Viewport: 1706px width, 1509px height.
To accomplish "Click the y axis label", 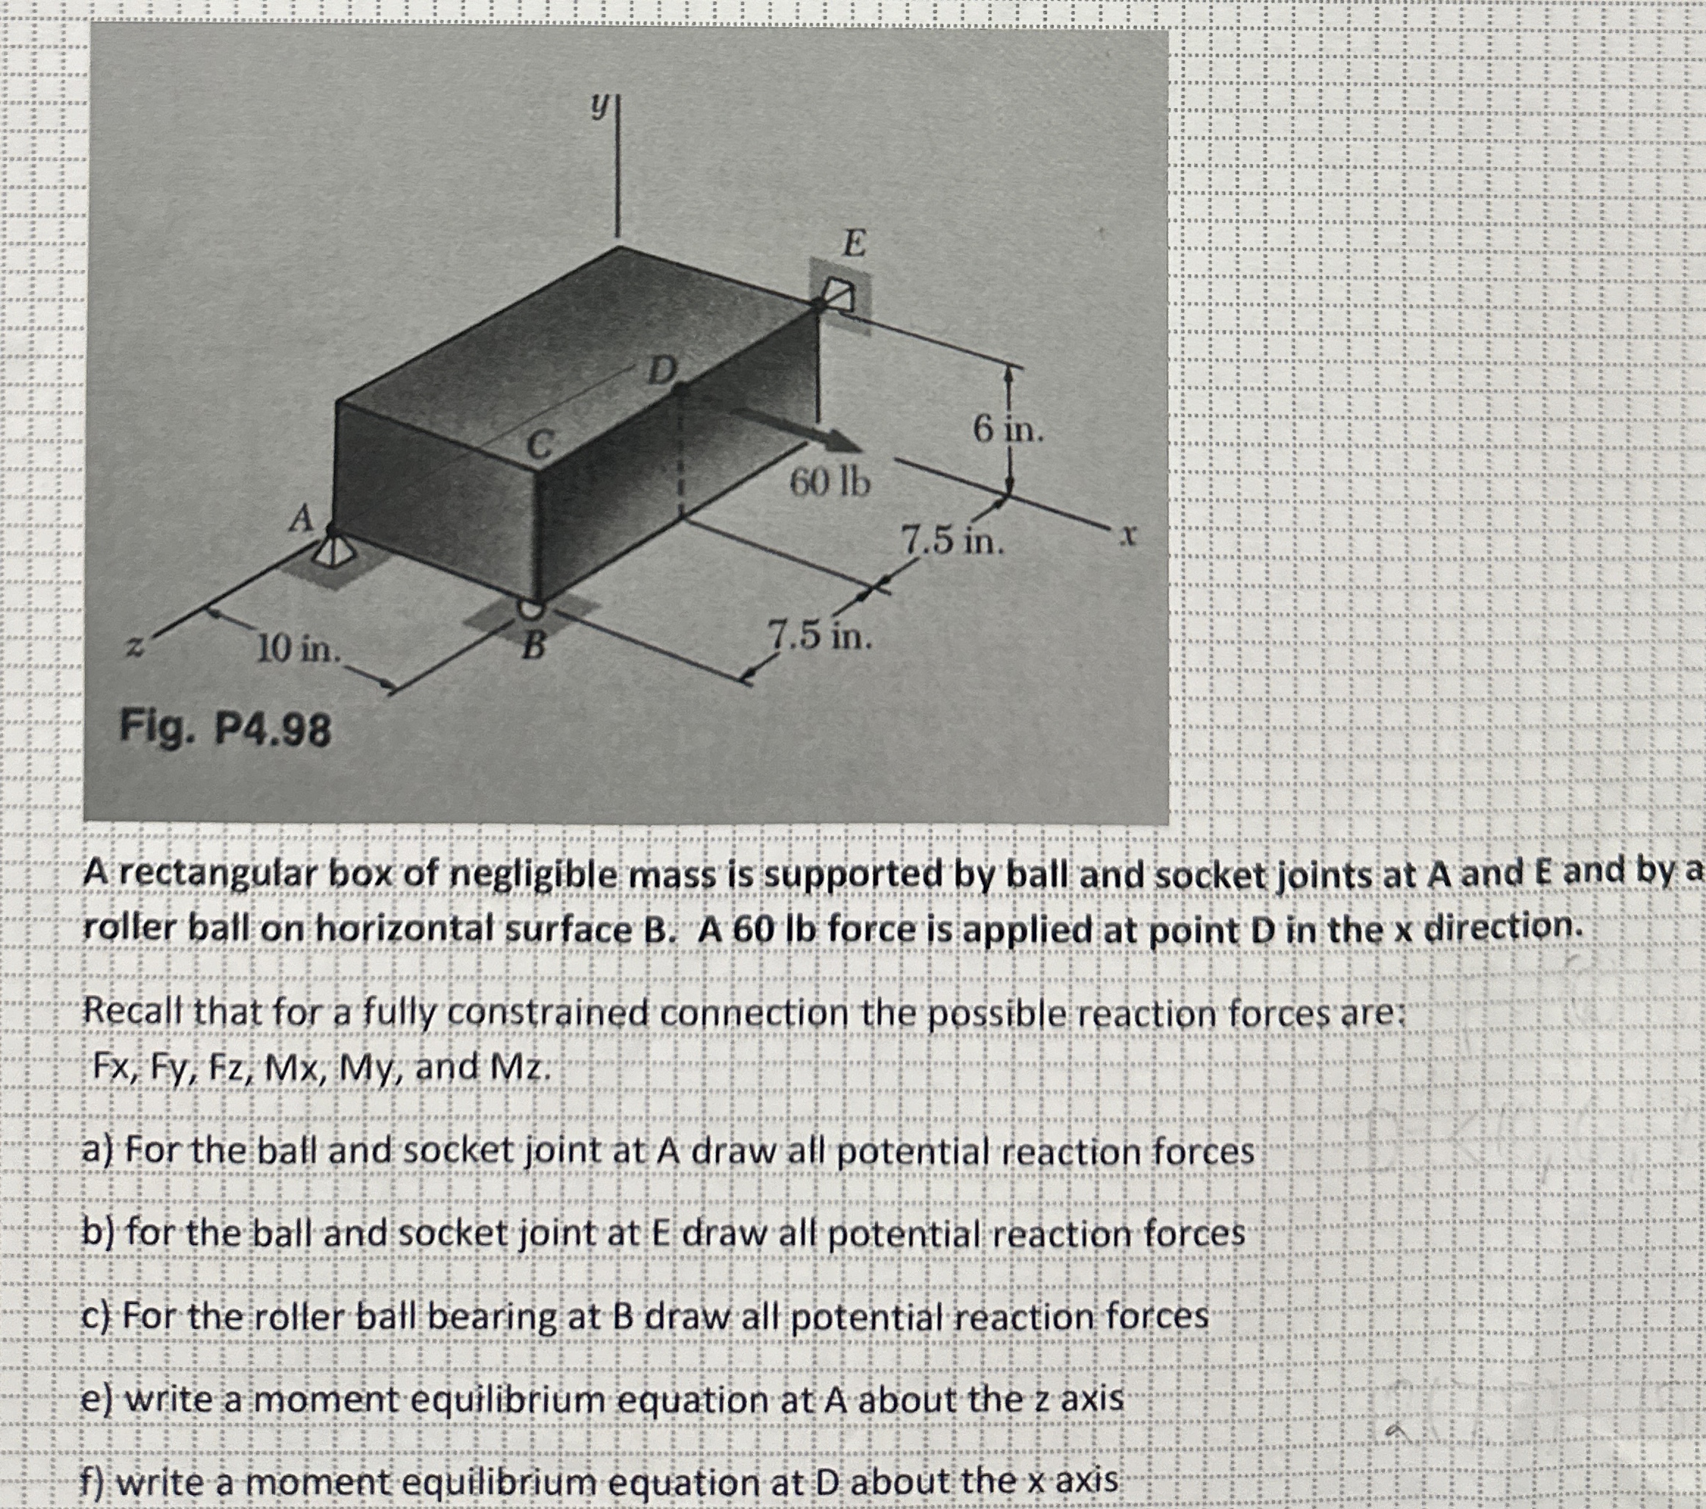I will (598, 106).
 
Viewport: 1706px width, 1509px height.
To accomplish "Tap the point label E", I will (853, 243).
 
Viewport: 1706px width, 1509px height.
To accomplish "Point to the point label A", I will (301, 518).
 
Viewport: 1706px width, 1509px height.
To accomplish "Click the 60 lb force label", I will (829, 482).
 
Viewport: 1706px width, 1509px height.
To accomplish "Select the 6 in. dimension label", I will (1008, 430).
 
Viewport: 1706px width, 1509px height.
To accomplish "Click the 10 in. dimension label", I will (298, 648).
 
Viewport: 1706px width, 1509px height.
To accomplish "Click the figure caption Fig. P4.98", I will (225, 729).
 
